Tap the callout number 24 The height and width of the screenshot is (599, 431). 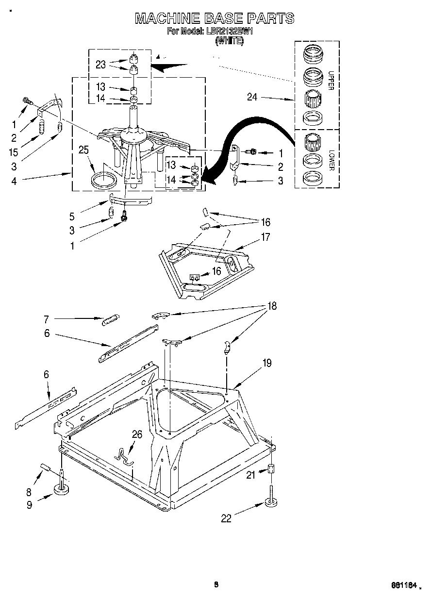[x=252, y=97]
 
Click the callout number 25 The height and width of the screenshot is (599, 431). [x=83, y=150]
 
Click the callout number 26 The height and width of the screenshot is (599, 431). [x=137, y=434]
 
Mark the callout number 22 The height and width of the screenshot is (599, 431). [x=226, y=518]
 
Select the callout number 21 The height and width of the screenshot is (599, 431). [x=250, y=475]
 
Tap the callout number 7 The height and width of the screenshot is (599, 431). [x=47, y=319]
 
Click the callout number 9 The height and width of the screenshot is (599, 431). [x=30, y=505]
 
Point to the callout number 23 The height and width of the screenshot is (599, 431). [x=100, y=64]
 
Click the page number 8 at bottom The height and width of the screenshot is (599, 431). [x=216, y=584]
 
